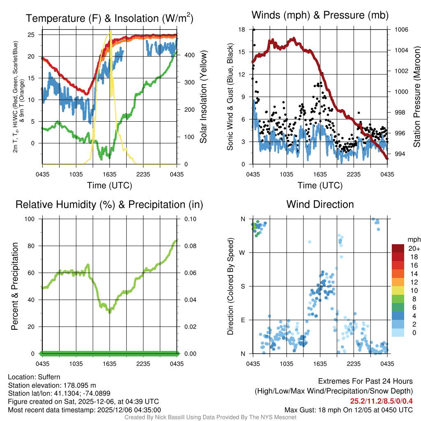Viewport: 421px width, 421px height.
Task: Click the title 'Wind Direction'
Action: point(320,204)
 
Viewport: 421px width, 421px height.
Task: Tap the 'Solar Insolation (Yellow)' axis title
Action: point(204,97)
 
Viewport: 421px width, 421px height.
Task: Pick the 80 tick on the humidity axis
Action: point(32,246)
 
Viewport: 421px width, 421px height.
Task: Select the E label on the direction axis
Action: point(243,320)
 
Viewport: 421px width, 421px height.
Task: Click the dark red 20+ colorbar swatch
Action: point(398,248)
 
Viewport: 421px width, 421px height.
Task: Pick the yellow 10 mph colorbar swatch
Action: point(398,291)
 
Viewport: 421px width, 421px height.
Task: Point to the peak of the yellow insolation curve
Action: point(110,32)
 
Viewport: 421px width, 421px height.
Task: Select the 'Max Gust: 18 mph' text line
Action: point(349,410)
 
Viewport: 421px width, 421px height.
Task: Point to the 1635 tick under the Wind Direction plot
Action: point(319,364)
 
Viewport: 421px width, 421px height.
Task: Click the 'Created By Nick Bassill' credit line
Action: point(210,417)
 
